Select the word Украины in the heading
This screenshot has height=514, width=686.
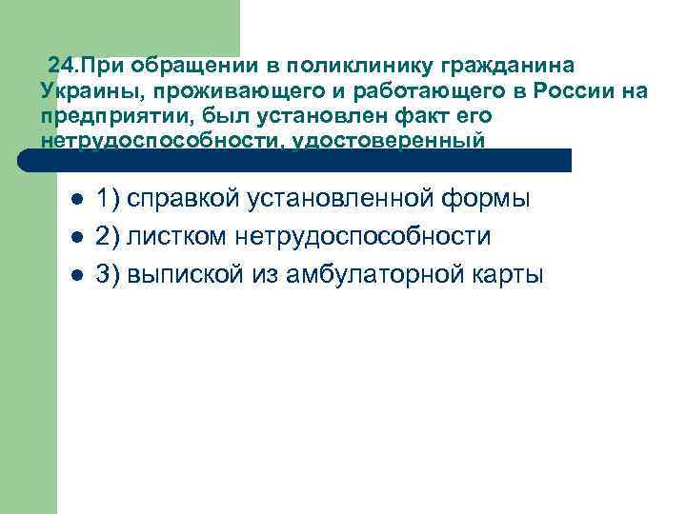(x=82, y=92)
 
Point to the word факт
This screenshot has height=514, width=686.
(x=434, y=116)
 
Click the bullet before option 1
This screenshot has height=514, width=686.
(x=77, y=201)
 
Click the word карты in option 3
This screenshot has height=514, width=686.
(x=508, y=276)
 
